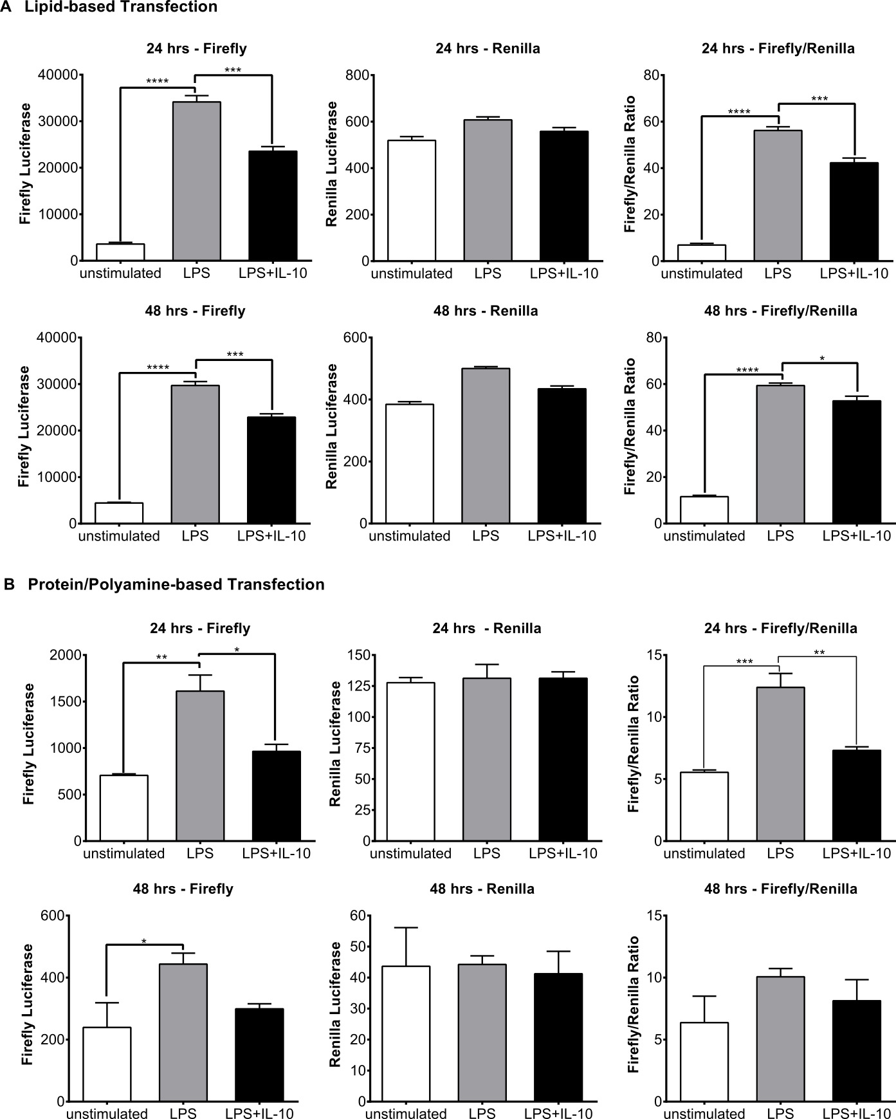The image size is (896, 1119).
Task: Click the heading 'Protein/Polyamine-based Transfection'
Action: [x=176, y=584]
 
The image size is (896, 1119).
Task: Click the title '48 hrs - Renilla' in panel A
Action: [x=486, y=311]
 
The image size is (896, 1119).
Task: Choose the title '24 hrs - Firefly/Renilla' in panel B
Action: [x=780, y=628]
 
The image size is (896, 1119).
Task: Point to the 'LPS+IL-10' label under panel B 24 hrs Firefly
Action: [x=276, y=853]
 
